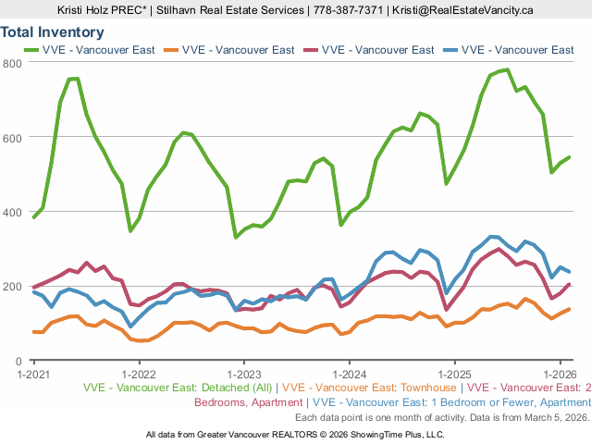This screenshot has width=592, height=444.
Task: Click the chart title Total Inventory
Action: tap(52, 32)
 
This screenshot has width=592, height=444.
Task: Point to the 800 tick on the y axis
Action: tap(13, 63)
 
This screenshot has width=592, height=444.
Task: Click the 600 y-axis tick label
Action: tap(13, 137)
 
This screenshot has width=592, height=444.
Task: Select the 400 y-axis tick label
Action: tap(13, 212)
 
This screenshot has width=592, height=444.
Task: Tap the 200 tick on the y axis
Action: tap(13, 286)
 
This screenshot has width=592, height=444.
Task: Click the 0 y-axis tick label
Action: tap(18, 361)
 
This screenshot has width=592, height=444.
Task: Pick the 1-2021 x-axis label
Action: tap(33, 375)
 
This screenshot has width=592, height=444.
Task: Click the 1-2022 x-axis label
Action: tap(139, 375)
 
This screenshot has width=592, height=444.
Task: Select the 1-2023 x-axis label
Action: tap(243, 375)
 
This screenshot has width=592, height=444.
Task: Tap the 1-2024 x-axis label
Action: tap(349, 375)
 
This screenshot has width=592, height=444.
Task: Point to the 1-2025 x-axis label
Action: tap(454, 375)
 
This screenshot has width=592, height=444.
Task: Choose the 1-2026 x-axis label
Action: tap(559, 375)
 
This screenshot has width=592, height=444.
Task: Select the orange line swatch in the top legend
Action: tap(170, 50)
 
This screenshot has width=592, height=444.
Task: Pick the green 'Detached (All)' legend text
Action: tap(179, 388)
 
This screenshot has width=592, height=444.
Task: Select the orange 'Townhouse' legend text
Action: tap(371, 388)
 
